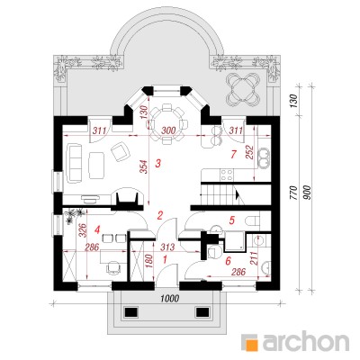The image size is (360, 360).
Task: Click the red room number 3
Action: click(158, 164)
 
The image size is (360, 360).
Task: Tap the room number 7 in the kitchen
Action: click(233, 154)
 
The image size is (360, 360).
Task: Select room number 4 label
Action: click(96, 229)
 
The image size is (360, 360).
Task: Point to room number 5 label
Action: click(231, 220)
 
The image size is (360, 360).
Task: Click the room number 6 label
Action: click(229, 261)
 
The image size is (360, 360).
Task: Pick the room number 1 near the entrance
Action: click(165, 259)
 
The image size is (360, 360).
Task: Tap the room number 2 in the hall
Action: click(160, 215)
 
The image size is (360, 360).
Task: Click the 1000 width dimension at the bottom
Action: click(170, 299)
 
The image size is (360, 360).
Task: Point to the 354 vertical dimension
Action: click(145, 168)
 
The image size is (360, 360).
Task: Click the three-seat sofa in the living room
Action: click(75, 163)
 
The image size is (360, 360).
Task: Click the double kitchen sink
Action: click(265, 157)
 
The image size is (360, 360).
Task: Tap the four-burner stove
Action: click(227, 175)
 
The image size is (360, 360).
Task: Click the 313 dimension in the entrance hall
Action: click(166, 247)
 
